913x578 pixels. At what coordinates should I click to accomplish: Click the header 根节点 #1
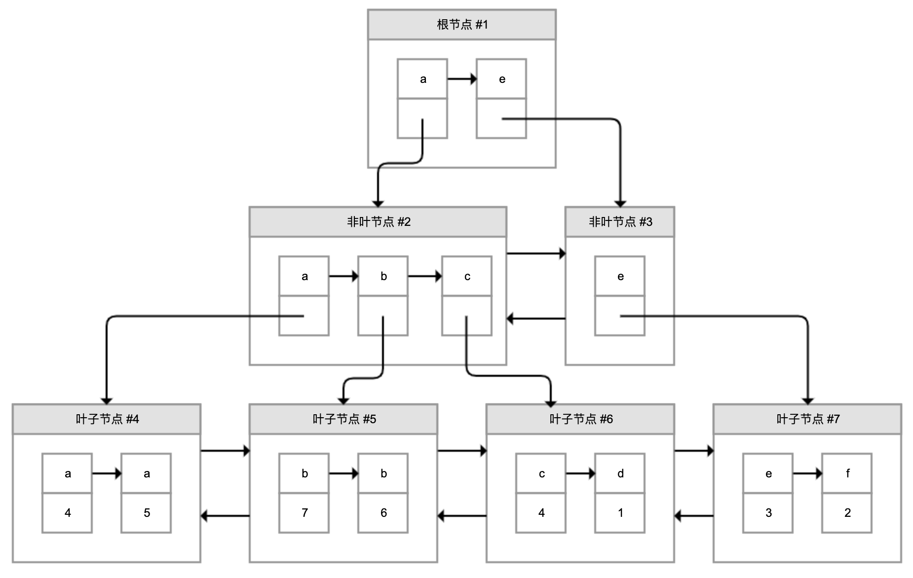(461, 25)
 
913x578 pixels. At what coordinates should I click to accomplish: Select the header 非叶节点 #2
(378, 222)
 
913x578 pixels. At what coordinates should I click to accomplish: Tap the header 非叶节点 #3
(620, 222)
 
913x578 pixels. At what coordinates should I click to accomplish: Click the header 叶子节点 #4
(107, 419)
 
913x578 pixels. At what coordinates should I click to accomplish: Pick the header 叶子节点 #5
(343, 419)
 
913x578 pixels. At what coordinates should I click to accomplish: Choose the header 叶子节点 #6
(580, 419)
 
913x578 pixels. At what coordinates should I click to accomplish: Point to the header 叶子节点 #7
(807, 419)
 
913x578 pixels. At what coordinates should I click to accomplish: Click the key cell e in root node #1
(501, 79)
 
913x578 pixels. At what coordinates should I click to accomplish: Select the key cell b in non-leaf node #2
(383, 276)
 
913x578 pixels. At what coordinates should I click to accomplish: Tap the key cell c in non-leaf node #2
(467, 276)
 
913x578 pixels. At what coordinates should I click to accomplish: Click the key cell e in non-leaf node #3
(620, 276)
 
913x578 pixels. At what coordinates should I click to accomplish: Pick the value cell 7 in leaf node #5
(304, 513)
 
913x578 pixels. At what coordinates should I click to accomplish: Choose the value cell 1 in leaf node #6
(620, 513)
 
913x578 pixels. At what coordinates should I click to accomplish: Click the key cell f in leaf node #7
(847, 473)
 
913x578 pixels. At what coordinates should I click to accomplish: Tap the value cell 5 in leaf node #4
(146, 513)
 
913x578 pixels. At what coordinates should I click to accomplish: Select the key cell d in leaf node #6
(620, 473)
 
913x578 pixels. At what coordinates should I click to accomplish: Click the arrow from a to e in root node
(461, 79)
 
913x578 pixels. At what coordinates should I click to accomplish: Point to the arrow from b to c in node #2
(424, 276)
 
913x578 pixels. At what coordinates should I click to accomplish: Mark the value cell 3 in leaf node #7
(768, 513)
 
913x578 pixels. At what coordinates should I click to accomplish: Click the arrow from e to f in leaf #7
(807, 473)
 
